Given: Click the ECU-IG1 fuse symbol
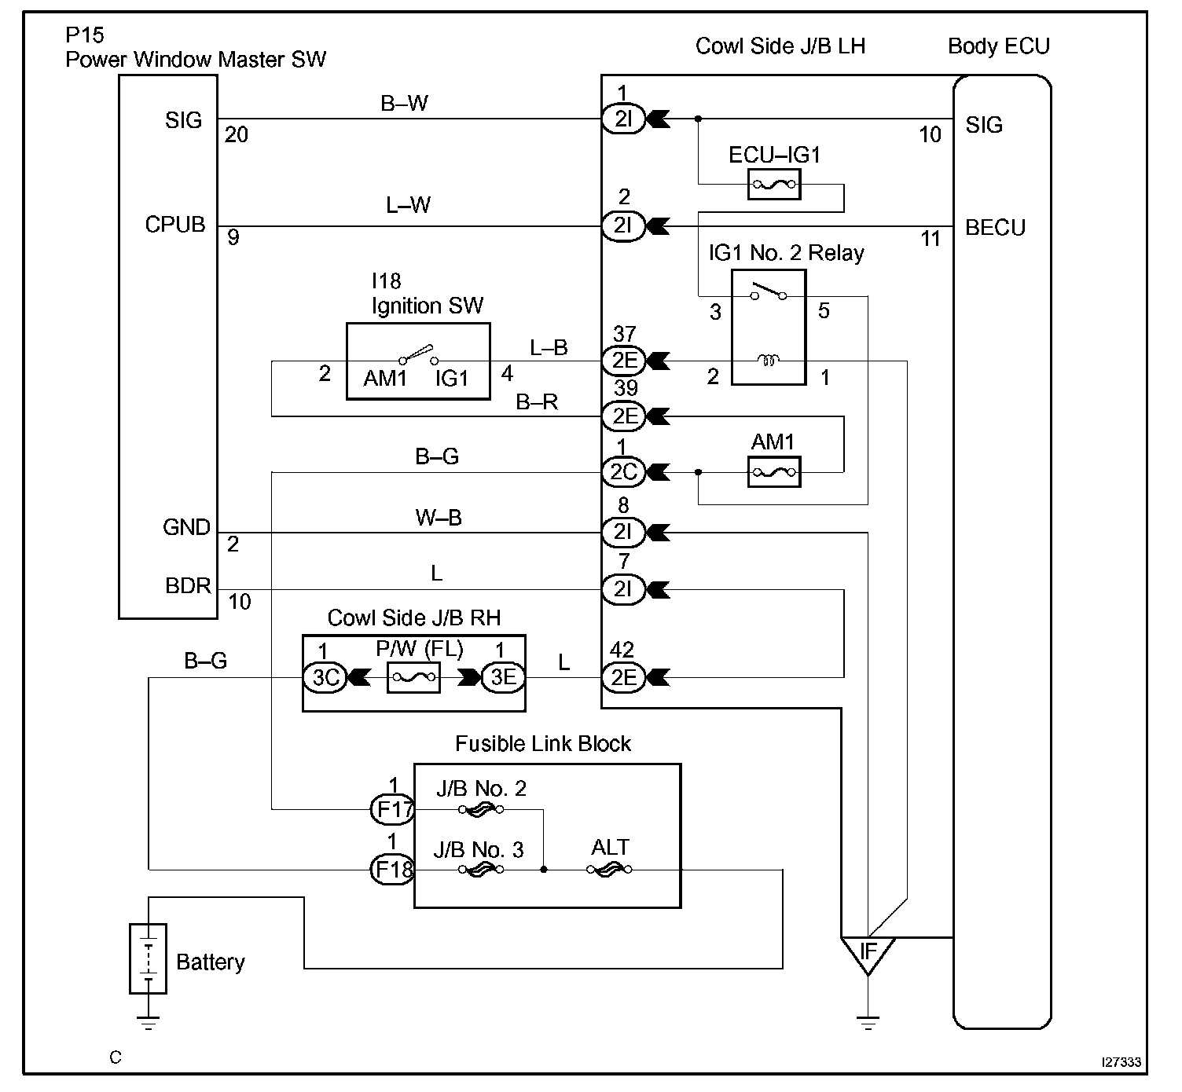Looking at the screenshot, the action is pyautogui.click(x=773, y=184).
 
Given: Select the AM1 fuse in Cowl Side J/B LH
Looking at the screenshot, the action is pyautogui.click(x=773, y=472).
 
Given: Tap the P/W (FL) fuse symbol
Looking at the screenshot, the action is pyautogui.click(x=413, y=677).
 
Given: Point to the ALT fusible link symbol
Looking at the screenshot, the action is pyautogui.click(x=609, y=870).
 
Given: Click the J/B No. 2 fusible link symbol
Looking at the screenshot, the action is pyautogui.click(x=481, y=809).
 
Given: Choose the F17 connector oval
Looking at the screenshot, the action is pyautogui.click(x=393, y=809).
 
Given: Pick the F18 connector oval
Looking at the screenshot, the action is pyautogui.click(x=393, y=870).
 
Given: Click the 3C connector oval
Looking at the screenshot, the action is pyautogui.click(x=325, y=677).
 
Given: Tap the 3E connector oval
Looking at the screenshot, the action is pyautogui.click(x=504, y=677).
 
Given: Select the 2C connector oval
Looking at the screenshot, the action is pyautogui.click(x=623, y=472).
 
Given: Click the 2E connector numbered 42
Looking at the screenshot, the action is pyautogui.click(x=623, y=677).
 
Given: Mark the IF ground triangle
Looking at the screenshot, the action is pyautogui.click(x=868, y=953).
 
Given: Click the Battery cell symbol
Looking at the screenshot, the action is pyautogui.click(x=149, y=958).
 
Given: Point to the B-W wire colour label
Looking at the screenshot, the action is pyautogui.click(x=404, y=103).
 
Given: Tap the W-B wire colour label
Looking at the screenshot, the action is pyautogui.click(x=439, y=517).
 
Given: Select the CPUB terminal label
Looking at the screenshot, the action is pyautogui.click(x=175, y=225).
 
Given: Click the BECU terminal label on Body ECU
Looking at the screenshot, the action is pyautogui.click(x=995, y=227).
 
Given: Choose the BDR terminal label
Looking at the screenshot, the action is pyautogui.click(x=188, y=585).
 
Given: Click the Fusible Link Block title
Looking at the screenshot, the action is pyautogui.click(x=543, y=743).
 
